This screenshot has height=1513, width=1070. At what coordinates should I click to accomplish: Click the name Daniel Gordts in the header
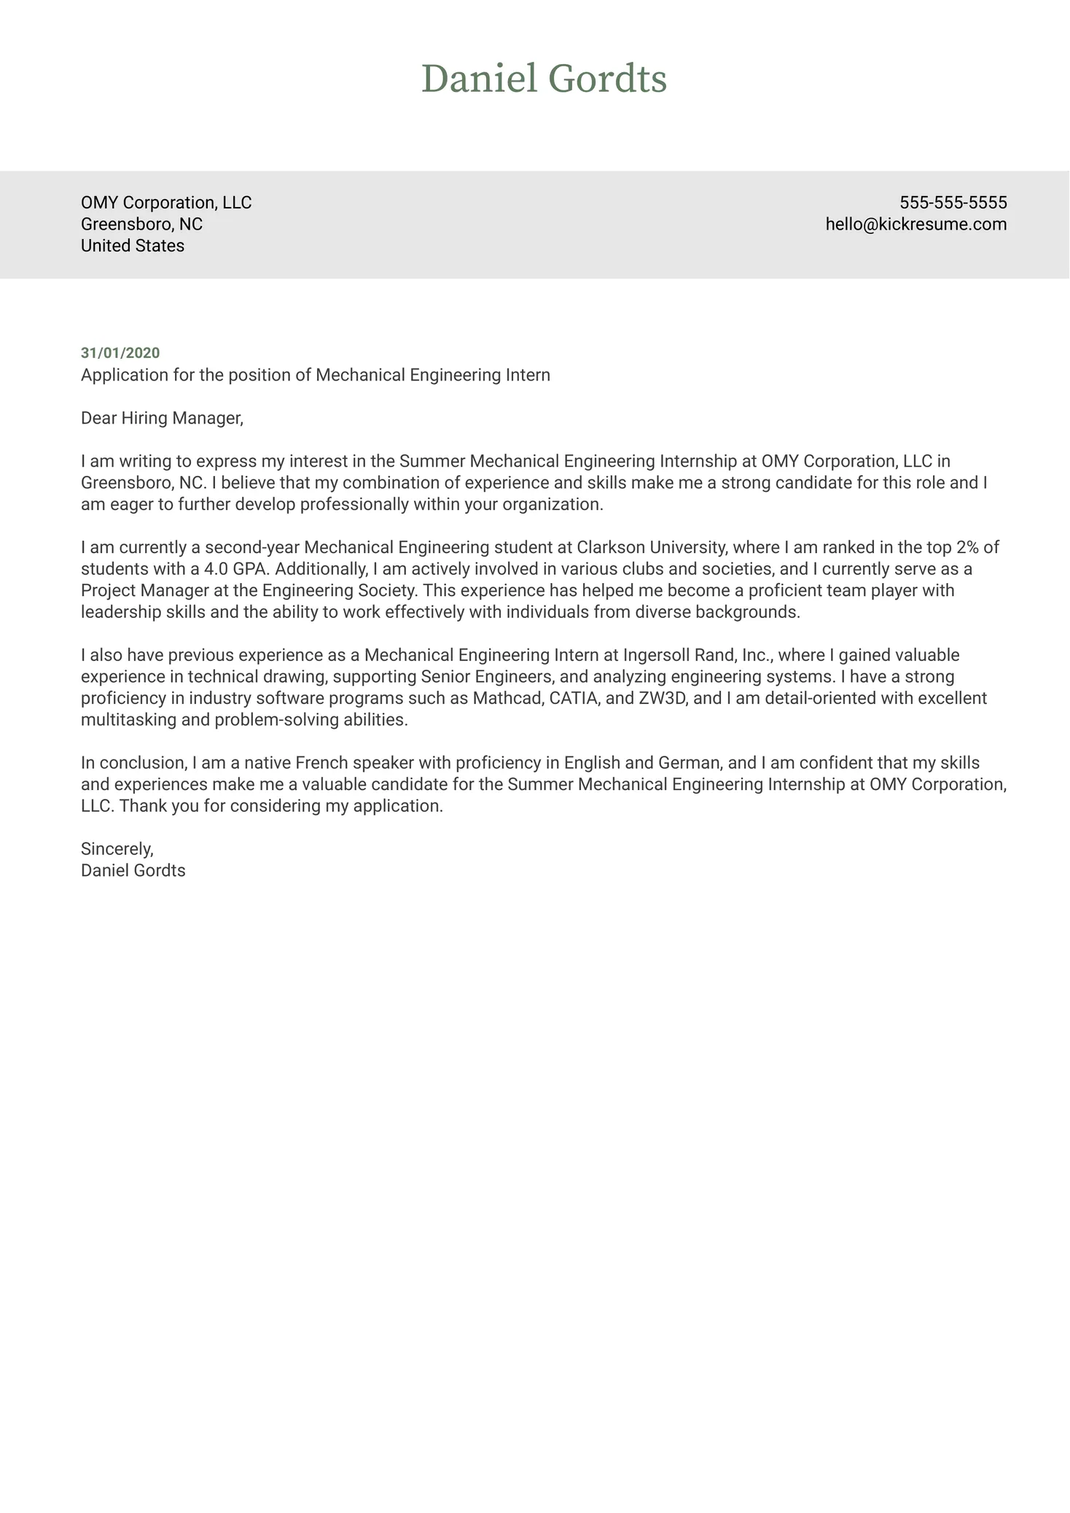click(544, 79)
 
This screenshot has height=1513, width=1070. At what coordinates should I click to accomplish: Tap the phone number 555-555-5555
click(953, 203)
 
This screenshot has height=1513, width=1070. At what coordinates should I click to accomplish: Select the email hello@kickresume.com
click(915, 224)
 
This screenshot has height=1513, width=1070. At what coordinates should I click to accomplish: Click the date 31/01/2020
click(120, 353)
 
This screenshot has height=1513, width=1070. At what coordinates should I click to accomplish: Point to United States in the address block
click(132, 246)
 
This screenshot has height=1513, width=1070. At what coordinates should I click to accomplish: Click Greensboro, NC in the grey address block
click(141, 224)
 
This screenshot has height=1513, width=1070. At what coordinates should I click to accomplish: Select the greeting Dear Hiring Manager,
click(162, 418)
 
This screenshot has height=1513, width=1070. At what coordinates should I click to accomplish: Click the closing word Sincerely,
click(117, 849)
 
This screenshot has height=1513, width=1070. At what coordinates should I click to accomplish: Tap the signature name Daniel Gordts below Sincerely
click(133, 870)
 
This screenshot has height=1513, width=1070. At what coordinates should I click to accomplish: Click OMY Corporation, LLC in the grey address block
click(166, 203)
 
